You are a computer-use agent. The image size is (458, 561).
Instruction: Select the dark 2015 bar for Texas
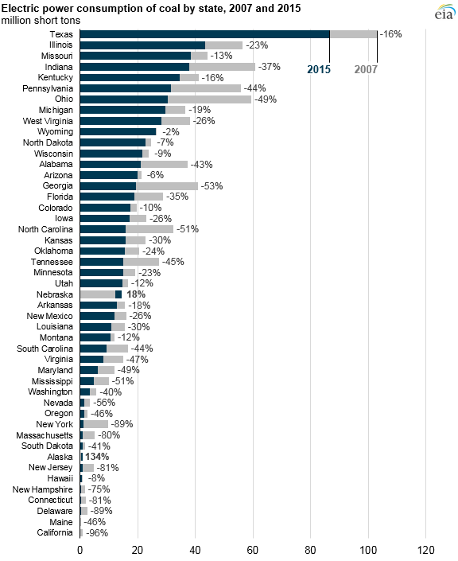coord(204,34)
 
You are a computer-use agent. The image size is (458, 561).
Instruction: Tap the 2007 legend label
coord(366,69)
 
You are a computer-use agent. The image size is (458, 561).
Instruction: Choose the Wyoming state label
coord(56,131)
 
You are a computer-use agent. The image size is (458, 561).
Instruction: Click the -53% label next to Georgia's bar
coord(212,185)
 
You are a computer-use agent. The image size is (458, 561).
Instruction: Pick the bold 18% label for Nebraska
coord(136,294)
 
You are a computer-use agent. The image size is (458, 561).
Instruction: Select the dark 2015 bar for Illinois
coord(142,45)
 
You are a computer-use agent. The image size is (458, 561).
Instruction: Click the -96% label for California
coord(96,532)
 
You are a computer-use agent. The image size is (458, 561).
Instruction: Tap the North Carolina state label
coord(46,229)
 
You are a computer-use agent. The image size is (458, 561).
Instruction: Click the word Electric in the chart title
coord(21,6)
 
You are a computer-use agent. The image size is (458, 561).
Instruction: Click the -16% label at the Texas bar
coord(392,34)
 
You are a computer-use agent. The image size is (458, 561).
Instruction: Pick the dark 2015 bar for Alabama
coord(111,164)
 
